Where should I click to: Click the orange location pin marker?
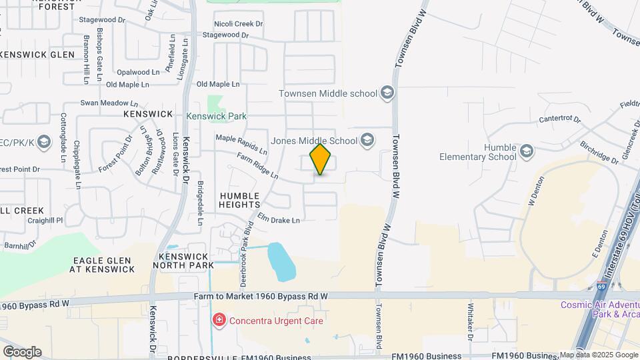coord(321,159)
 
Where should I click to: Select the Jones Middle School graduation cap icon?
coord(367,141)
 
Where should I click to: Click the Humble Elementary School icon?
coord(527,152)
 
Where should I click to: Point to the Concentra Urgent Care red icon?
coord(219,321)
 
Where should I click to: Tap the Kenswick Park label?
coord(216,116)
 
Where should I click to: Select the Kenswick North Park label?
coord(183,260)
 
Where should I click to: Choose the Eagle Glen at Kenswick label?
coord(103,265)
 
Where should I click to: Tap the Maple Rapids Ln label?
coord(241,142)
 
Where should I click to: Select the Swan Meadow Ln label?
coord(109,103)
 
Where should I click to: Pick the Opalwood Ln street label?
coord(138,71)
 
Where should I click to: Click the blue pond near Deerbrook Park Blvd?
coord(280,261)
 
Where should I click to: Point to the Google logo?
coord(22,352)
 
